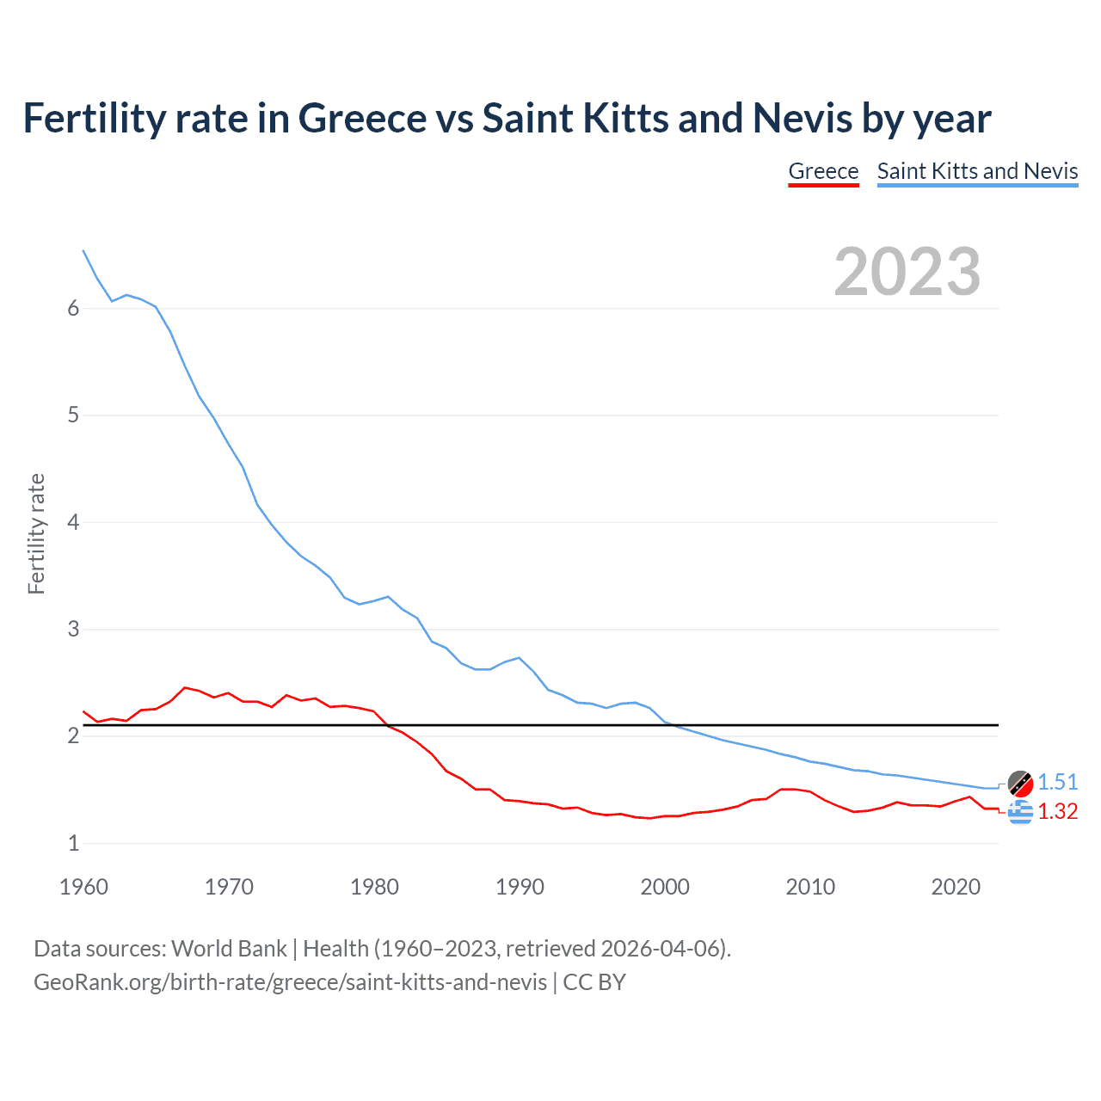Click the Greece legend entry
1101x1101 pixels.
pyautogui.click(x=823, y=171)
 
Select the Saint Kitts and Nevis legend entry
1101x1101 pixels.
pyautogui.click(x=977, y=171)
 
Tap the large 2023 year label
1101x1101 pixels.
pyautogui.click(x=907, y=272)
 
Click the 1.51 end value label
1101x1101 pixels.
pyautogui.click(x=1057, y=782)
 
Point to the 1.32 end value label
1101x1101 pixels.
pyautogui.click(x=1057, y=811)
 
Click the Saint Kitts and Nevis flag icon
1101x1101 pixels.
pyautogui.click(x=1020, y=784)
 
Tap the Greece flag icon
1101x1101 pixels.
pyautogui.click(x=1020, y=811)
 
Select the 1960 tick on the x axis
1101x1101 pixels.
pyautogui.click(x=83, y=887)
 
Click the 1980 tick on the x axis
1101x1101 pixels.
pyautogui.click(x=374, y=887)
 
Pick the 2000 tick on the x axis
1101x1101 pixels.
pyautogui.click(x=665, y=887)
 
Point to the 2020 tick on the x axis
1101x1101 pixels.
pyautogui.click(x=956, y=887)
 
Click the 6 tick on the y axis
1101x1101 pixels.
pyautogui.click(x=73, y=309)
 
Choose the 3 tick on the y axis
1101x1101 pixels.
pyautogui.click(x=73, y=630)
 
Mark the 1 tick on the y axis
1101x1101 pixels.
pyautogui.click(x=73, y=843)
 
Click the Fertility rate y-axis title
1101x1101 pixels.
pyautogui.click(x=36, y=533)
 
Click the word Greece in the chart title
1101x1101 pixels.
pyautogui.click(x=362, y=118)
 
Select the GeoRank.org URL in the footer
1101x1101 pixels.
pyautogui.click(x=290, y=982)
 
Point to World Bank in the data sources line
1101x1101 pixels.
pyautogui.click(x=229, y=949)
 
